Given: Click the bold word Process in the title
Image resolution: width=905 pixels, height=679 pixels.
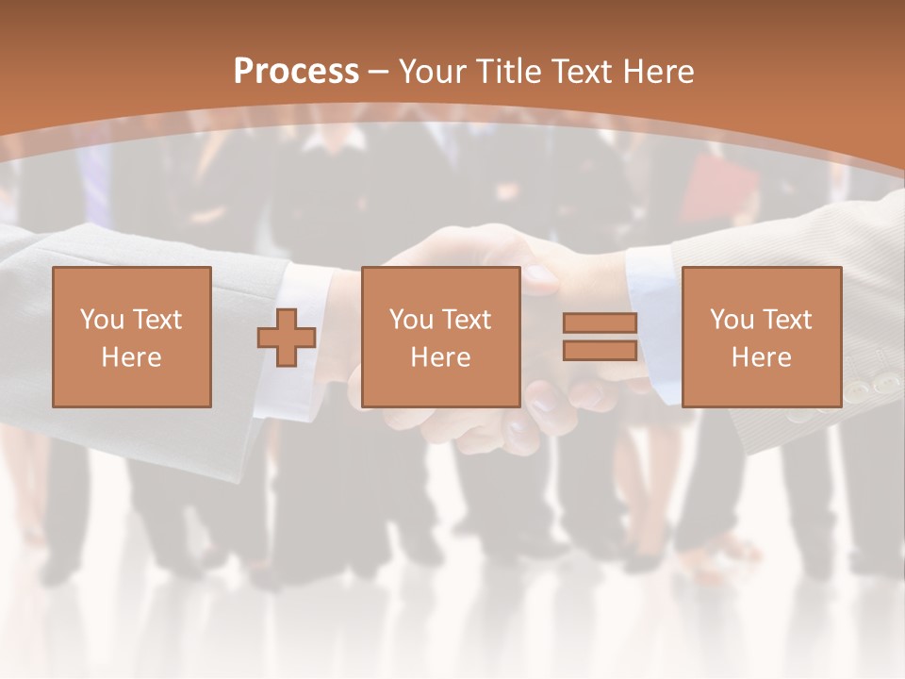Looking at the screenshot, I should click(x=296, y=72).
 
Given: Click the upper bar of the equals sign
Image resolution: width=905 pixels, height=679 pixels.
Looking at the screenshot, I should click(x=600, y=323).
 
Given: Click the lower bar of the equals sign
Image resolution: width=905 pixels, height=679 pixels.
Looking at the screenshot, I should click(x=600, y=351).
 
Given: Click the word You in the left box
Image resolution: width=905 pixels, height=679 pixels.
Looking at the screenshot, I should click(x=101, y=320).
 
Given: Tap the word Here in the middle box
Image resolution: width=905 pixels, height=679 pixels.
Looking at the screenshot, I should click(x=440, y=357).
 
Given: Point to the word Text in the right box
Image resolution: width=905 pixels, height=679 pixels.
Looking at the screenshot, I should click(x=788, y=320).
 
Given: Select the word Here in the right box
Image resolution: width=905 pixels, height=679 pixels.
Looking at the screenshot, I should click(x=761, y=357).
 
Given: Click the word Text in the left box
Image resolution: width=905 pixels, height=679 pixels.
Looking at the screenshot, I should click(x=157, y=320).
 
